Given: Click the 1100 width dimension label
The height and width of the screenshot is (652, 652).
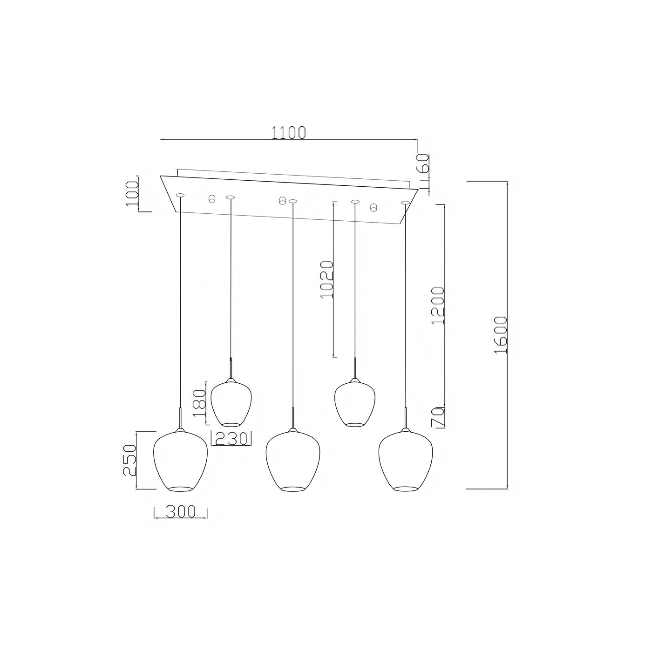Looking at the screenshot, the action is (x=289, y=133).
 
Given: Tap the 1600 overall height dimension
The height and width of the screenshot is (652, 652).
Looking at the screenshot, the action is (x=501, y=335).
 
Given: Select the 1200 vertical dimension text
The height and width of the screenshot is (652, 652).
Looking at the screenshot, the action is (x=437, y=306).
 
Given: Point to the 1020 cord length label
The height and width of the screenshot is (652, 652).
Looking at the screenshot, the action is (x=327, y=279).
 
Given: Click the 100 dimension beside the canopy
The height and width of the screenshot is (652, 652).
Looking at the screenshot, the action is (x=132, y=193).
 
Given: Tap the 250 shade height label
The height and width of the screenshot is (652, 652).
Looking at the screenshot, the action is (x=129, y=460).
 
